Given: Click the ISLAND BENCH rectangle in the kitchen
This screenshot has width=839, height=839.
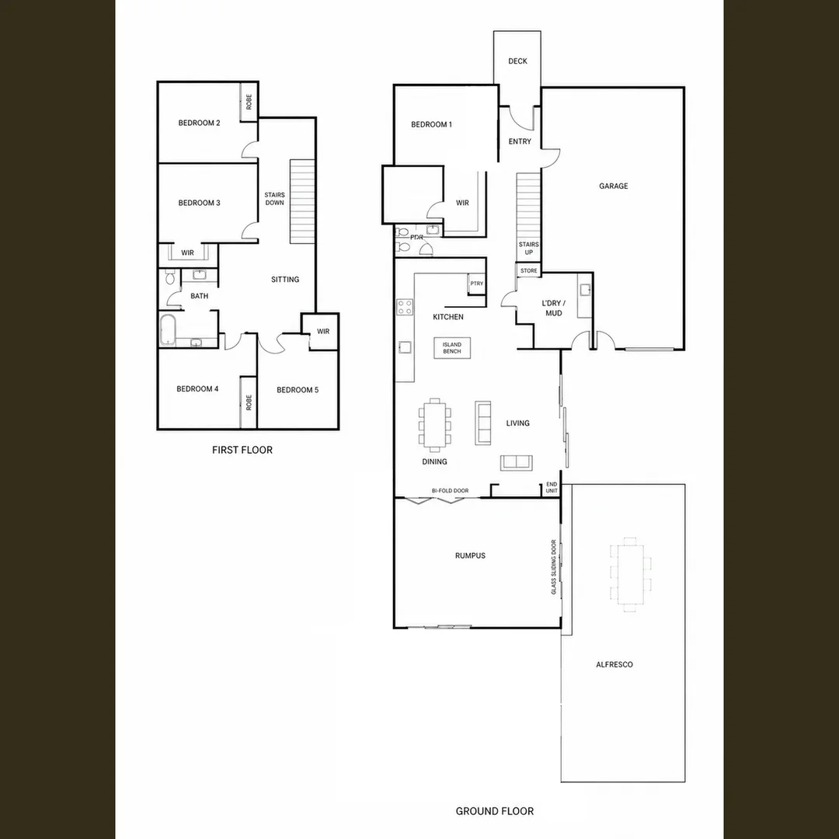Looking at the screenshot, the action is [x=451, y=348].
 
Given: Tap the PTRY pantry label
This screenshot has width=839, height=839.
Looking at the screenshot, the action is [x=477, y=284].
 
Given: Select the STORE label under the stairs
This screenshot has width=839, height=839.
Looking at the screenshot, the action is [x=529, y=271].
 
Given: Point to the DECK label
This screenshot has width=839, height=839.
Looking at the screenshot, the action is [x=517, y=61].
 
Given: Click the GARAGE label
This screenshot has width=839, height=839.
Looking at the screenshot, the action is [x=613, y=186].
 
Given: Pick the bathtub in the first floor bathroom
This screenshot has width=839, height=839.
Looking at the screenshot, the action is [x=168, y=329].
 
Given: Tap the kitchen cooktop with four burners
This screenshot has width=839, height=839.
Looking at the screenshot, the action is [x=405, y=307].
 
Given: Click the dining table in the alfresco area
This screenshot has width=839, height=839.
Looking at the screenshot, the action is [x=630, y=574].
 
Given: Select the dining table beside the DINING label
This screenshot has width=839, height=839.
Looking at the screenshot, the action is [x=434, y=426].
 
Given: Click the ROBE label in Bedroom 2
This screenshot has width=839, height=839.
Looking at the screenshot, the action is [x=249, y=102].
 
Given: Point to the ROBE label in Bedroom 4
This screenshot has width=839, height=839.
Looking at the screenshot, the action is [x=249, y=402].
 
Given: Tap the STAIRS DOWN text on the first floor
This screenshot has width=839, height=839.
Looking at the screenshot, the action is [x=274, y=199].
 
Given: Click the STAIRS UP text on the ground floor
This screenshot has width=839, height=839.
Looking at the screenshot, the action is [x=529, y=249].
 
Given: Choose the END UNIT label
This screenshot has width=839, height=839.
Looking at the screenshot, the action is [x=552, y=487].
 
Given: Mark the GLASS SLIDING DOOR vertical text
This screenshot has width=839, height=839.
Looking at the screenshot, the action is [x=554, y=566].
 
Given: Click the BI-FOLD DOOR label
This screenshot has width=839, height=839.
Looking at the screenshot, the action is [x=450, y=491].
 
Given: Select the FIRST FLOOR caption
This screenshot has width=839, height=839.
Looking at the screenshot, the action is [x=242, y=450].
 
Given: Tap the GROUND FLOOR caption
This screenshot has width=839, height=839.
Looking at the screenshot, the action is [x=494, y=811].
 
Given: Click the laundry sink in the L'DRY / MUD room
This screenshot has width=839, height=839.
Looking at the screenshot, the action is [x=585, y=290].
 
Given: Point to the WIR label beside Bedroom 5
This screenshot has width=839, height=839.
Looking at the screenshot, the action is [x=323, y=331].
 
